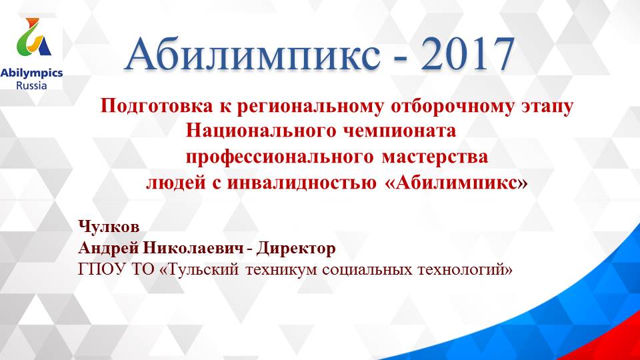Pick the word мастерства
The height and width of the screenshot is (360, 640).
pyautogui.click(x=435, y=158)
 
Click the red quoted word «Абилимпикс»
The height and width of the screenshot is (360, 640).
pyautogui.click(x=456, y=183)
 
